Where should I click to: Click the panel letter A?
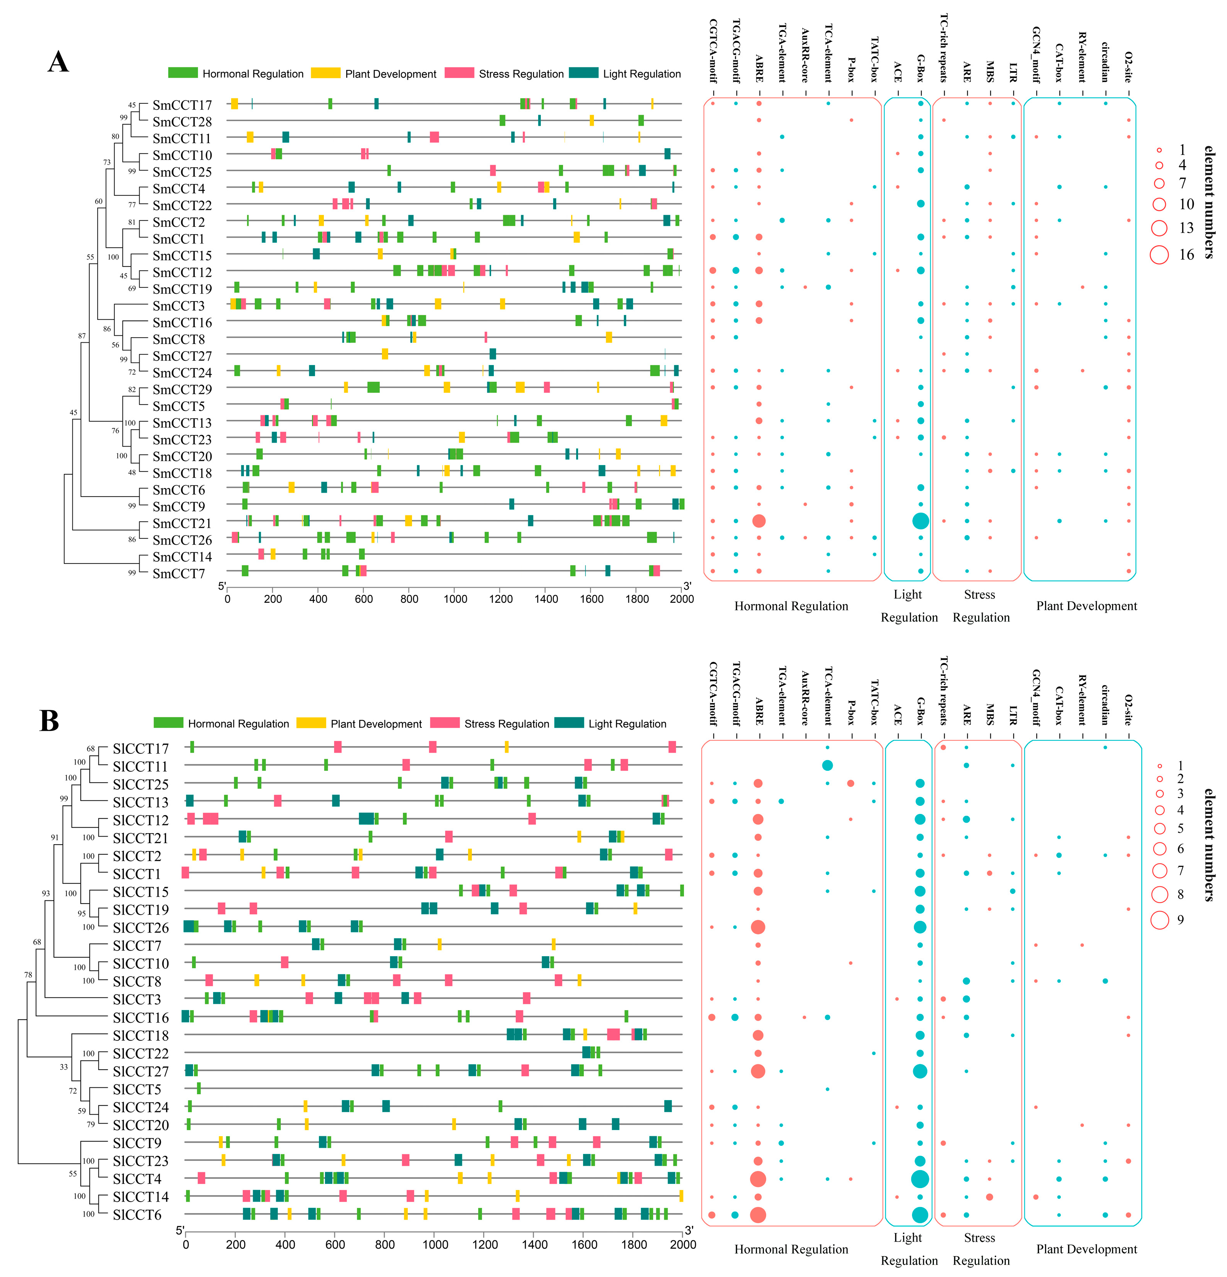tap(58, 63)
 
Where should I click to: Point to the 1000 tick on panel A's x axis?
tap(455, 599)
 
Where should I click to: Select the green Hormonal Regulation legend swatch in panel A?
tap(182, 73)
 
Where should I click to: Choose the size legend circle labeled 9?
tap(1159, 920)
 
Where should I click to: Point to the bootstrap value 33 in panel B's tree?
tap(63, 1067)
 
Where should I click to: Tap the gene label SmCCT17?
tap(182, 105)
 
